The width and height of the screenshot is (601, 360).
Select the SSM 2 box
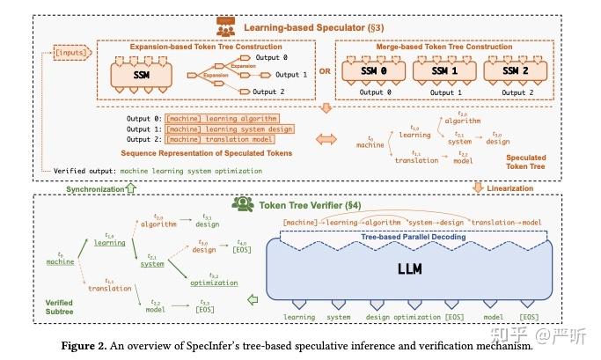point(519,70)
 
